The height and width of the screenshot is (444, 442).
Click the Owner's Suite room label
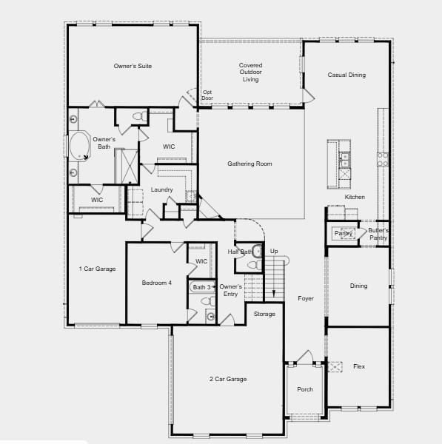133,66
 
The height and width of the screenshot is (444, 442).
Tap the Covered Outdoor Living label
250,73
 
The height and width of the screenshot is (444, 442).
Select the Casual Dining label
347,75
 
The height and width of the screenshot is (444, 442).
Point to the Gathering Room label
250,164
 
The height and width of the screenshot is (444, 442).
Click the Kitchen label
355,197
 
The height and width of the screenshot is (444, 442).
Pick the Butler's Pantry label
378,234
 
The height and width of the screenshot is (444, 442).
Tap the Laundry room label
161,190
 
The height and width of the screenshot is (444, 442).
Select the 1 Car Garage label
98,269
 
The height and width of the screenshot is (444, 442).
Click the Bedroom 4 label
157,283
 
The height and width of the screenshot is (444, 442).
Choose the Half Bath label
240,252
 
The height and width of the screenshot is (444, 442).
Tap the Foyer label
306,299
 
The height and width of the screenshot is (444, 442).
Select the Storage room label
264,314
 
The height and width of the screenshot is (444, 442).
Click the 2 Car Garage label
227,379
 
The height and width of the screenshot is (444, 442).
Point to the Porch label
305,389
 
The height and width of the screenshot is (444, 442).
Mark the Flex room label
358,366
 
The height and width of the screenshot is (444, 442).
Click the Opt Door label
207,95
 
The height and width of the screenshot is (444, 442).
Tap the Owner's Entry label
231,290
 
